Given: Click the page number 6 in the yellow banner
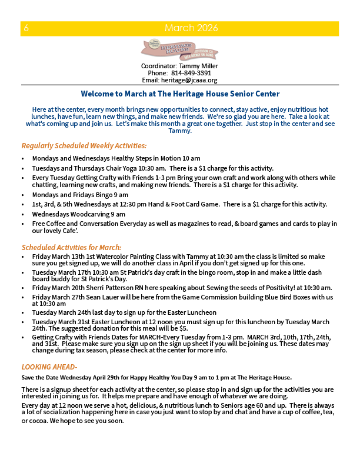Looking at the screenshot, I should (x=26, y=28).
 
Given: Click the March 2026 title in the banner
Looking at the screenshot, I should (x=191, y=28).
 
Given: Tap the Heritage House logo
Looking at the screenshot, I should (x=179, y=50).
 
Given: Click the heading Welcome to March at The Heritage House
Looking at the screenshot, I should (x=180, y=94).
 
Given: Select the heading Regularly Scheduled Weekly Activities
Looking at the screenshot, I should (x=84, y=146).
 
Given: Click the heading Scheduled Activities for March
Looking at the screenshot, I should (x=71, y=247).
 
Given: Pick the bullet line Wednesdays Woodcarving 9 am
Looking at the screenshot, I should (x=79, y=214).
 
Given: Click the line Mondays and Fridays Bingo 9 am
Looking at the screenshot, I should (x=80, y=195).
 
